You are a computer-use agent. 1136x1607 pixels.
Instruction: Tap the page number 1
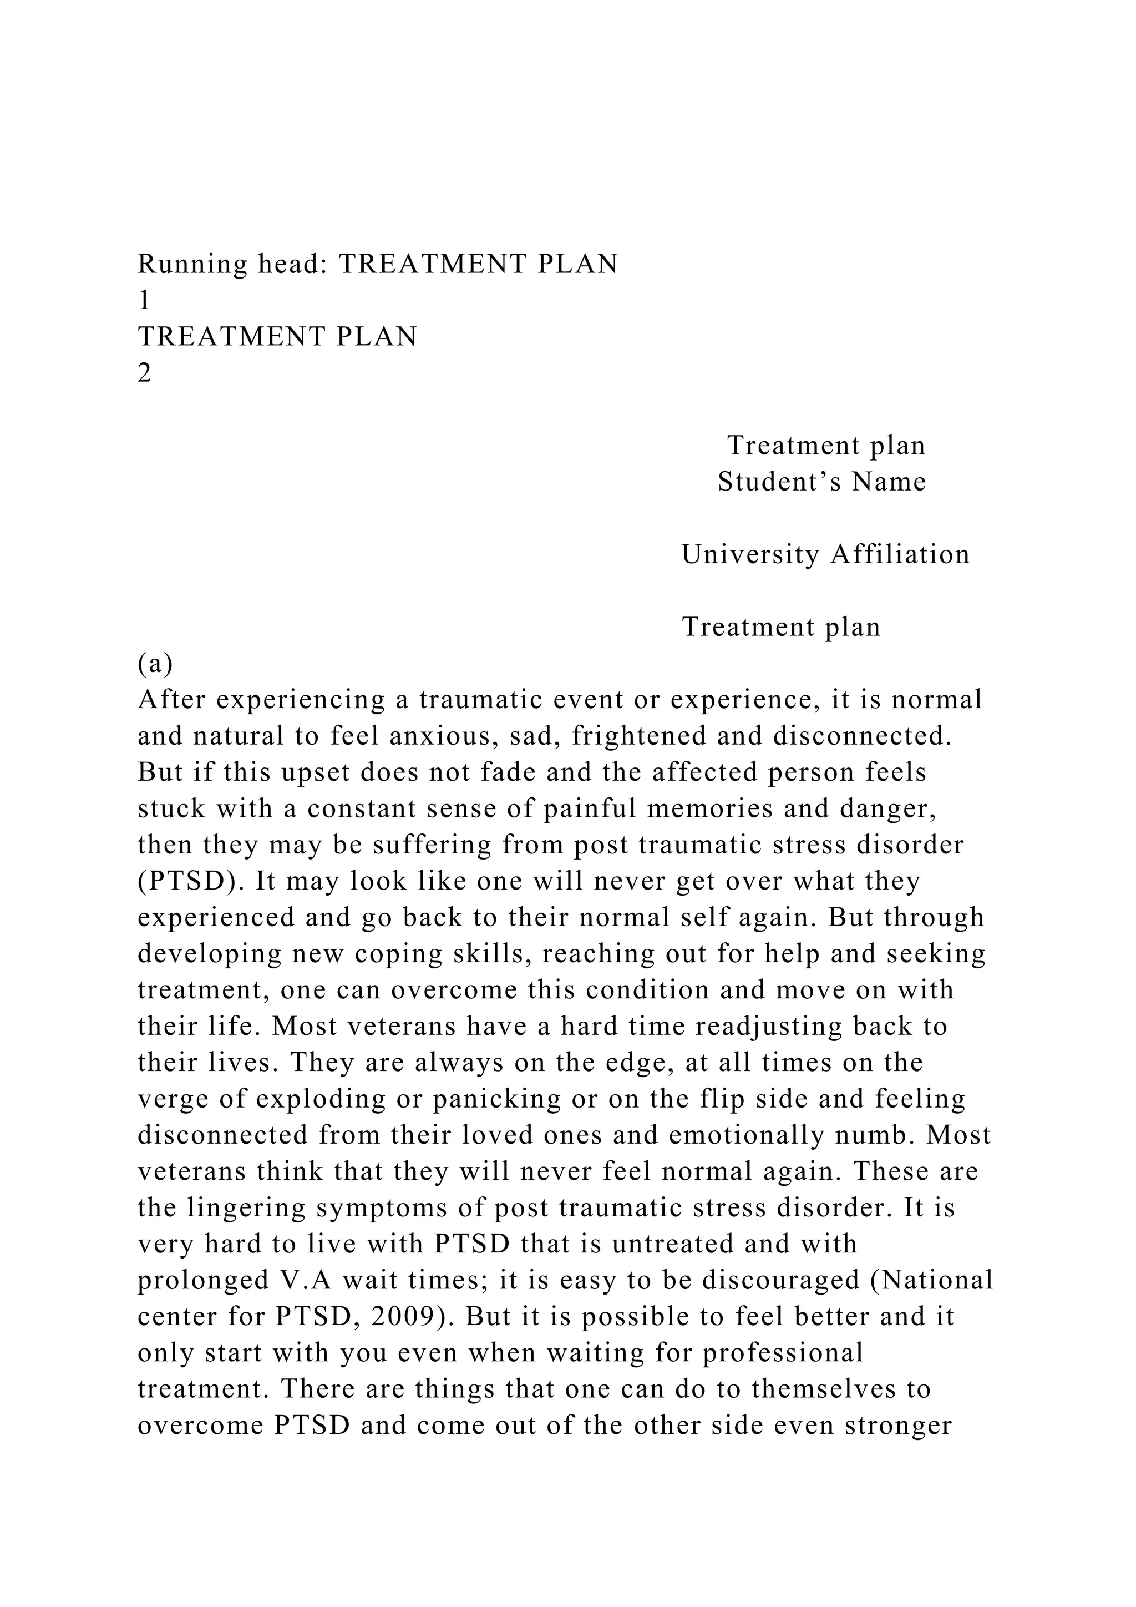click(144, 301)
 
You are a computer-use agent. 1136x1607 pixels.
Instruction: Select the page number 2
click(144, 374)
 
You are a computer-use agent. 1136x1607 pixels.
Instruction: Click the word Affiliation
click(900, 555)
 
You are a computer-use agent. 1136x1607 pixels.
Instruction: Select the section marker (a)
click(155, 664)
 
